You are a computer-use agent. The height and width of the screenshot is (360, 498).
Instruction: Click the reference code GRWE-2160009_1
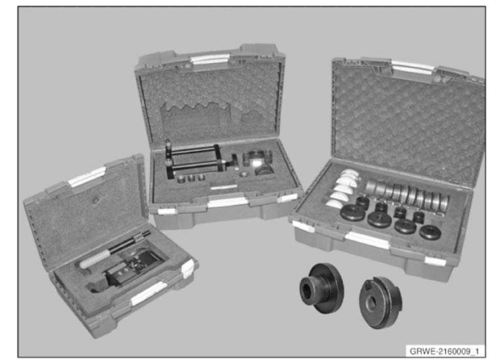444,351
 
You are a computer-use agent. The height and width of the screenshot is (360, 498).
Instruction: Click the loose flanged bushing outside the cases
322,288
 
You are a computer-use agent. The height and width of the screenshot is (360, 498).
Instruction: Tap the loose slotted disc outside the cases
381,302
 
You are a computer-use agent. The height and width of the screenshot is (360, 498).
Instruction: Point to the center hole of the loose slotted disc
371,304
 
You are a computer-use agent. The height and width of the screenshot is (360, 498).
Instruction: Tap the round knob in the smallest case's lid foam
95,200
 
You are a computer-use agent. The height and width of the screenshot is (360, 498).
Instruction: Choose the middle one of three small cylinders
191,178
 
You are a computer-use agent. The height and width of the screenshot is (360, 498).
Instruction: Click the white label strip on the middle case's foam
224,187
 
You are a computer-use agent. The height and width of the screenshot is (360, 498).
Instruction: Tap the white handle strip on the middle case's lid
210,59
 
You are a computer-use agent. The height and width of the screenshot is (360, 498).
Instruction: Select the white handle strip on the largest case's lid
413,68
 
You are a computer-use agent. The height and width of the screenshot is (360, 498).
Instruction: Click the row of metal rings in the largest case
407,193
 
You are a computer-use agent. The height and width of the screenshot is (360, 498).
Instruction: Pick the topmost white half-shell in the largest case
348,173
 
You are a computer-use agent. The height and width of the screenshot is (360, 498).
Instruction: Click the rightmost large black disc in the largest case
430,232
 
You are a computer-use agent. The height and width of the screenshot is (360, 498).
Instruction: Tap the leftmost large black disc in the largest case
353,213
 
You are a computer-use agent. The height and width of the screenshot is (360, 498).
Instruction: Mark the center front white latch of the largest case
367,239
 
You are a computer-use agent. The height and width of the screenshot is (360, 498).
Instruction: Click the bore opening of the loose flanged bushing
306,290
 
